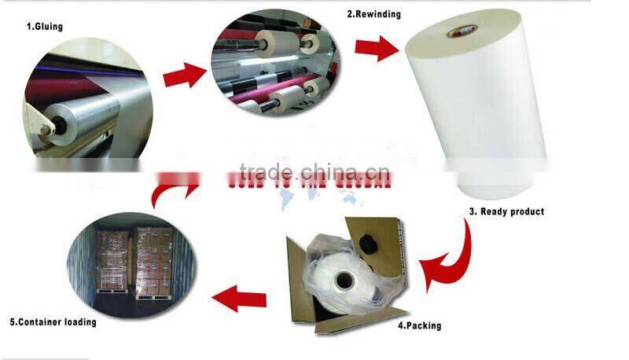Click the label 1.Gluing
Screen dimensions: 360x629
pos(45,27)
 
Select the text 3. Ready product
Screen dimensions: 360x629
pos(506,211)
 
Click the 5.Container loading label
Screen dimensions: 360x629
pos(53,321)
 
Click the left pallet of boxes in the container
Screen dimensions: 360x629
pos(112,263)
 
